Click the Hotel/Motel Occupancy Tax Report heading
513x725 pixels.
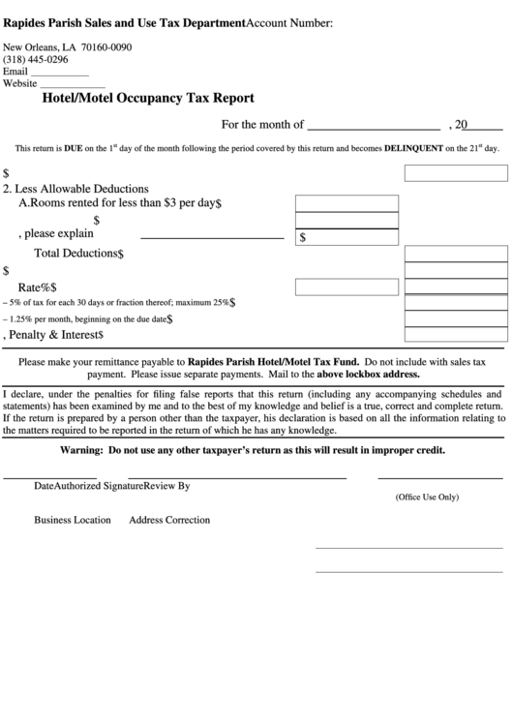[148, 98]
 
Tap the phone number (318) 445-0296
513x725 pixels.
[36, 59]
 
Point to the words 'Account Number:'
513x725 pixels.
[289, 22]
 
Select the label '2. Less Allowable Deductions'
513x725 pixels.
[76, 188]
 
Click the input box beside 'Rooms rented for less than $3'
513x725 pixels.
[346, 203]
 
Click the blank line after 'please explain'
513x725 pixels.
[212, 236]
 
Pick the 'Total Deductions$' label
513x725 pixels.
[79, 254]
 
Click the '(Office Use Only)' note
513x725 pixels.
[426, 497]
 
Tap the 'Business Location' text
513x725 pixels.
[73, 520]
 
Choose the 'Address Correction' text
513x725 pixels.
[169, 520]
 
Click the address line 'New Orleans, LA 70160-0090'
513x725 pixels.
[68, 47]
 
